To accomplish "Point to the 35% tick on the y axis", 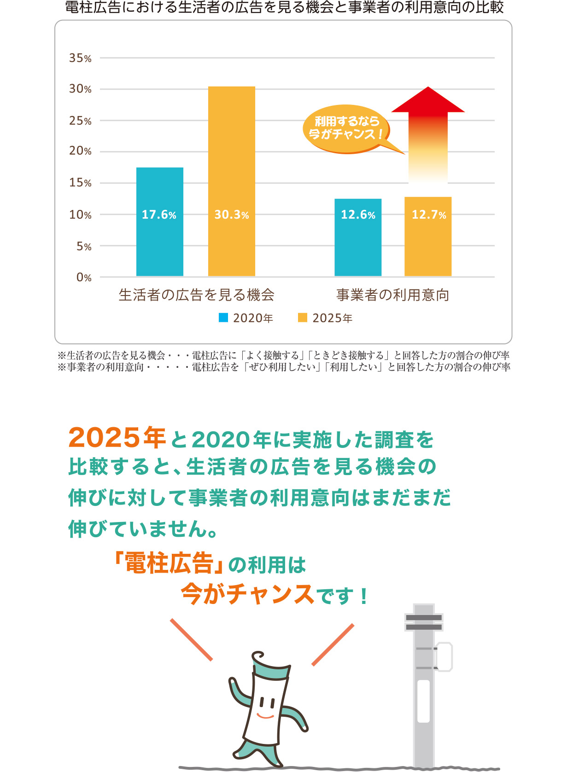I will [x=81, y=58].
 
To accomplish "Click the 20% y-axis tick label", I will [x=81, y=151].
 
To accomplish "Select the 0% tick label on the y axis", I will [x=84, y=278].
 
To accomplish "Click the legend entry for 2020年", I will [x=246, y=318].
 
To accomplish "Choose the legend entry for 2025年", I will [x=326, y=318].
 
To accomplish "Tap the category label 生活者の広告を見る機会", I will [x=197, y=295].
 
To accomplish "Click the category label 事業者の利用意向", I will [x=392, y=295].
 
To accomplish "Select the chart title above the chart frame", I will [x=284, y=8].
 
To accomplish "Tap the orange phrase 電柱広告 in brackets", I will [x=169, y=563].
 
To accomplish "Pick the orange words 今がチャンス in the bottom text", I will [x=247, y=594].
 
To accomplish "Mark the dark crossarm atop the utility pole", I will [x=424, y=622].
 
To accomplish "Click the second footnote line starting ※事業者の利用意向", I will [x=284, y=367].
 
